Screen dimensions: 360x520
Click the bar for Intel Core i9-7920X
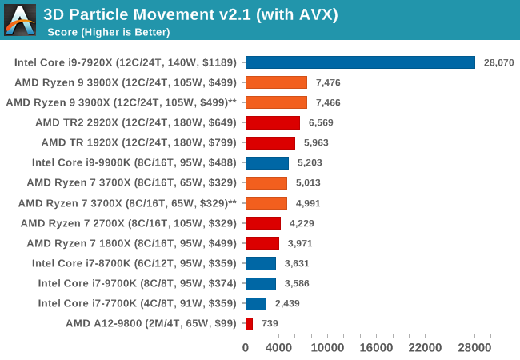360,62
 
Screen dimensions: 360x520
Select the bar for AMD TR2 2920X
273,122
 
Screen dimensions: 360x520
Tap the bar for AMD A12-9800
249,323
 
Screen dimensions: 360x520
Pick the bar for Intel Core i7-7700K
256,303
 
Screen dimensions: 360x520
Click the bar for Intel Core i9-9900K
267,162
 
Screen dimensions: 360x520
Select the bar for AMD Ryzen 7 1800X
262,243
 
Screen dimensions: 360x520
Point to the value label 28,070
499,62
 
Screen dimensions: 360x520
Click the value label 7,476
331,82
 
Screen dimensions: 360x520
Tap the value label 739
270,323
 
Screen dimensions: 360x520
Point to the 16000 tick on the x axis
375,348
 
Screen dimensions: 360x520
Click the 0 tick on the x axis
246,348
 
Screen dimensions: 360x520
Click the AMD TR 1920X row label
139,142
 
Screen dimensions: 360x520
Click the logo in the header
20,20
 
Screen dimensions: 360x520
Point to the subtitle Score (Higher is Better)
109,32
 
